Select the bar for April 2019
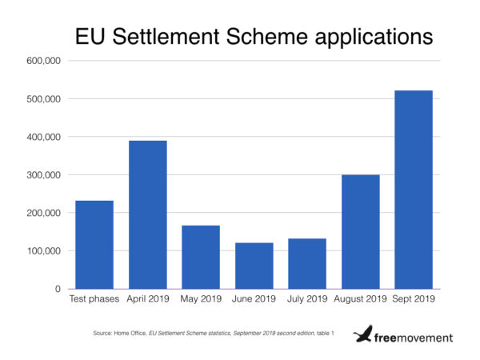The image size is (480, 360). click(149, 214)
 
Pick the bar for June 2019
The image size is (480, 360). click(254, 266)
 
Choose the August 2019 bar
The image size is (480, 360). click(361, 232)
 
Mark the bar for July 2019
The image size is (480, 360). click(307, 263)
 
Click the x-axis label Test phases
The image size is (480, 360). click(95, 300)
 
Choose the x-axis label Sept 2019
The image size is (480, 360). click(414, 300)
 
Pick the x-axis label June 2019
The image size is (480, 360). click(254, 300)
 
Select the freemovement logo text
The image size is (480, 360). click(414, 338)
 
